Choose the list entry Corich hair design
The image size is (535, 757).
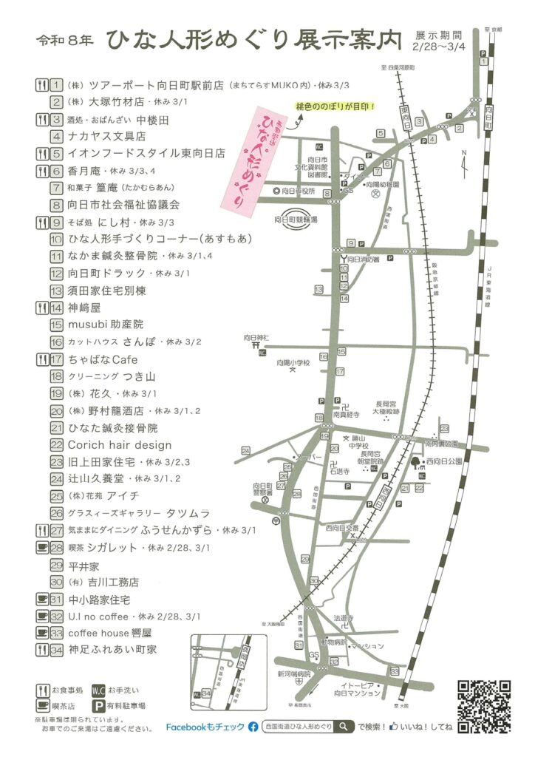[120, 445]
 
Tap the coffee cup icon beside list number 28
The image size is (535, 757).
[41, 547]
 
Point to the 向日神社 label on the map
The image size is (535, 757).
[256, 337]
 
